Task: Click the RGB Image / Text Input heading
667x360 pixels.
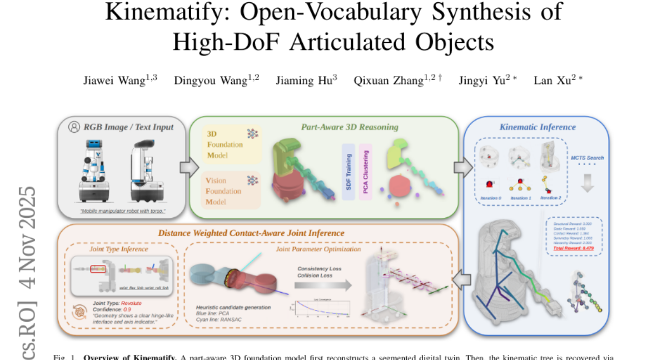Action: tap(128, 127)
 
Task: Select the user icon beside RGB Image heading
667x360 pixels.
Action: tap(73, 127)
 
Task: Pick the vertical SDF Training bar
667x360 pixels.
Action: tap(349, 169)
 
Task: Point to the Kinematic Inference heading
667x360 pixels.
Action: tap(537, 127)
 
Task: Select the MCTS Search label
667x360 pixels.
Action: tap(588, 158)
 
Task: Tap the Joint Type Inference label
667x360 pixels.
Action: tap(119, 249)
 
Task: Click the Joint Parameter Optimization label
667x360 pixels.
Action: tap(318, 249)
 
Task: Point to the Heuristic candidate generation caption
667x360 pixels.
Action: tap(233, 307)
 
